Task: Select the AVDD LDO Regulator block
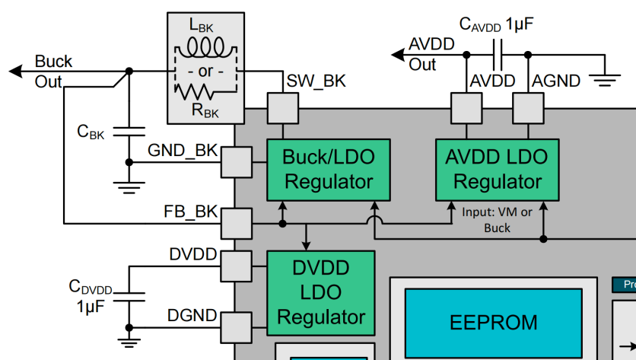click(x=496, y=170)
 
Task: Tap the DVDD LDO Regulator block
click(x=320, y=292)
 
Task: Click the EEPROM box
click(x=493, y=322)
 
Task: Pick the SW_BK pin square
click(x=282, y=108)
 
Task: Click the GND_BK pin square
click(x=235, y=161)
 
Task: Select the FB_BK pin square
click(x=235, y=223)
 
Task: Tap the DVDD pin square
click(x=235, y=266)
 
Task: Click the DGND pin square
click(x=235, y=325)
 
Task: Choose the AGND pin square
click(x=527, y=108)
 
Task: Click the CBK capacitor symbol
click(x=129, y=131)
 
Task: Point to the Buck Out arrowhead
click(x=16, y=71)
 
